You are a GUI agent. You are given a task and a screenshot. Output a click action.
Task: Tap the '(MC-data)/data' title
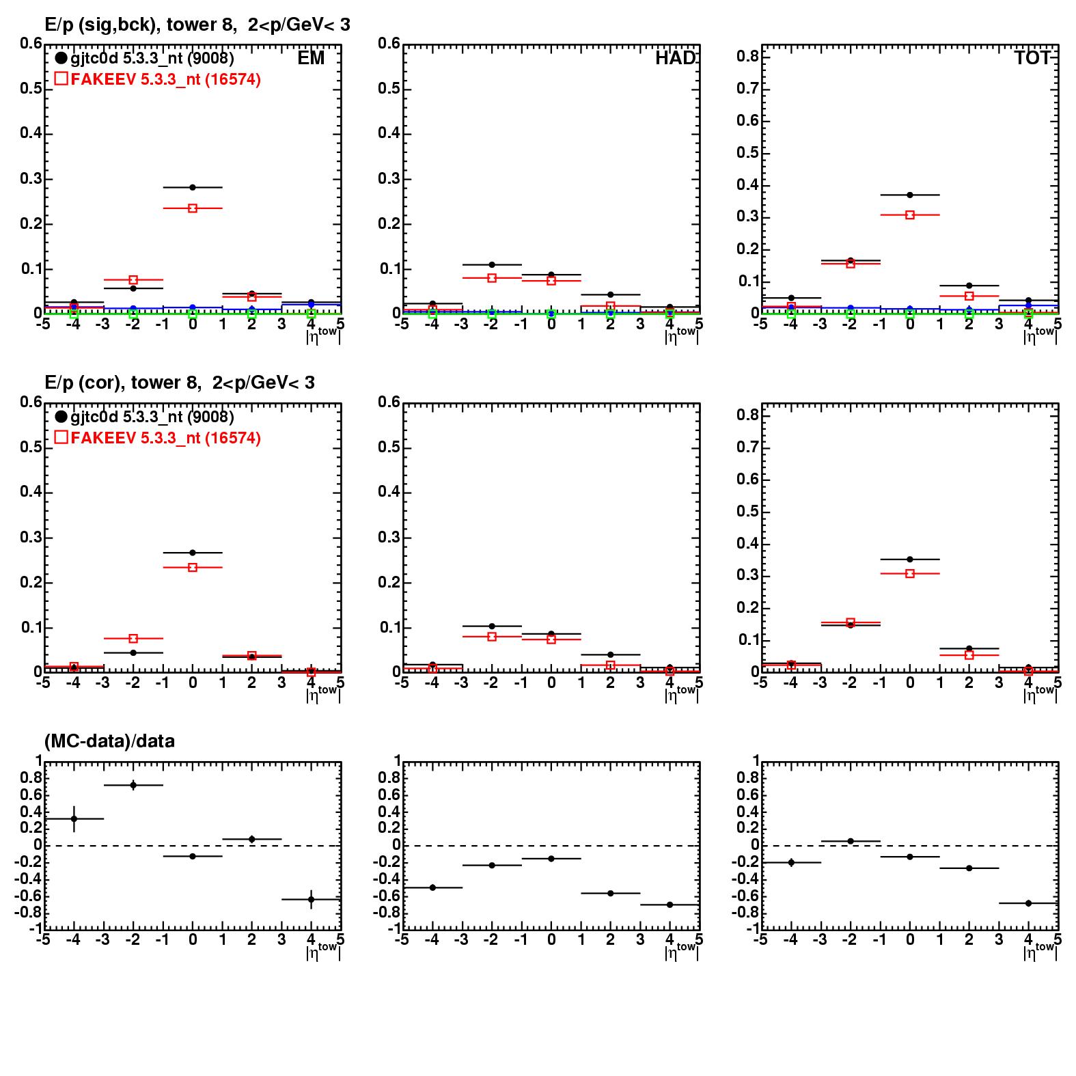click(109, 741)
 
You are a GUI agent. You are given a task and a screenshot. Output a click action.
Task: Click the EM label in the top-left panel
click(311, 59)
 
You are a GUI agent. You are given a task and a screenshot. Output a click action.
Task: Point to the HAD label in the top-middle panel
click(675, 59)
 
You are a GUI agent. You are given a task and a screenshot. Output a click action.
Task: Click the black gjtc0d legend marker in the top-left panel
click(61, 58)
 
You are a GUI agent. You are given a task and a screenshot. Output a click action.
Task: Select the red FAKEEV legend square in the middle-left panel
click(61, 437)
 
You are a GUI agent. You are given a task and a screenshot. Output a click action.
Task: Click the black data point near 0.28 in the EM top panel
click(193, 187)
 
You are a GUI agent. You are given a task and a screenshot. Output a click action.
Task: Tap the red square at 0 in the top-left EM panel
click(193, 208)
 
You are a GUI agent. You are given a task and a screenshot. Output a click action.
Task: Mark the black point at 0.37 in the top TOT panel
click(910, 195)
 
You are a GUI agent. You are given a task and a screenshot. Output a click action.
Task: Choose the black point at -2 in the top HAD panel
click(492, 264)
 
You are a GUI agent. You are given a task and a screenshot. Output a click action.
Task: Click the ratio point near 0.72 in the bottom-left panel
click(133, 785)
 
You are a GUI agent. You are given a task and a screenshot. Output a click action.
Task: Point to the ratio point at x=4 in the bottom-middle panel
click(670, 905)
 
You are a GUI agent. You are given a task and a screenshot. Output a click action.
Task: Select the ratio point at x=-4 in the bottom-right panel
click(791, 862)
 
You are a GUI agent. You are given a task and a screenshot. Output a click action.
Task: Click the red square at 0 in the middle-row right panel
click(910, 574)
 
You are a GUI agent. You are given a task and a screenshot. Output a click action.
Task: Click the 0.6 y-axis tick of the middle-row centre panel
click(389, 402)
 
